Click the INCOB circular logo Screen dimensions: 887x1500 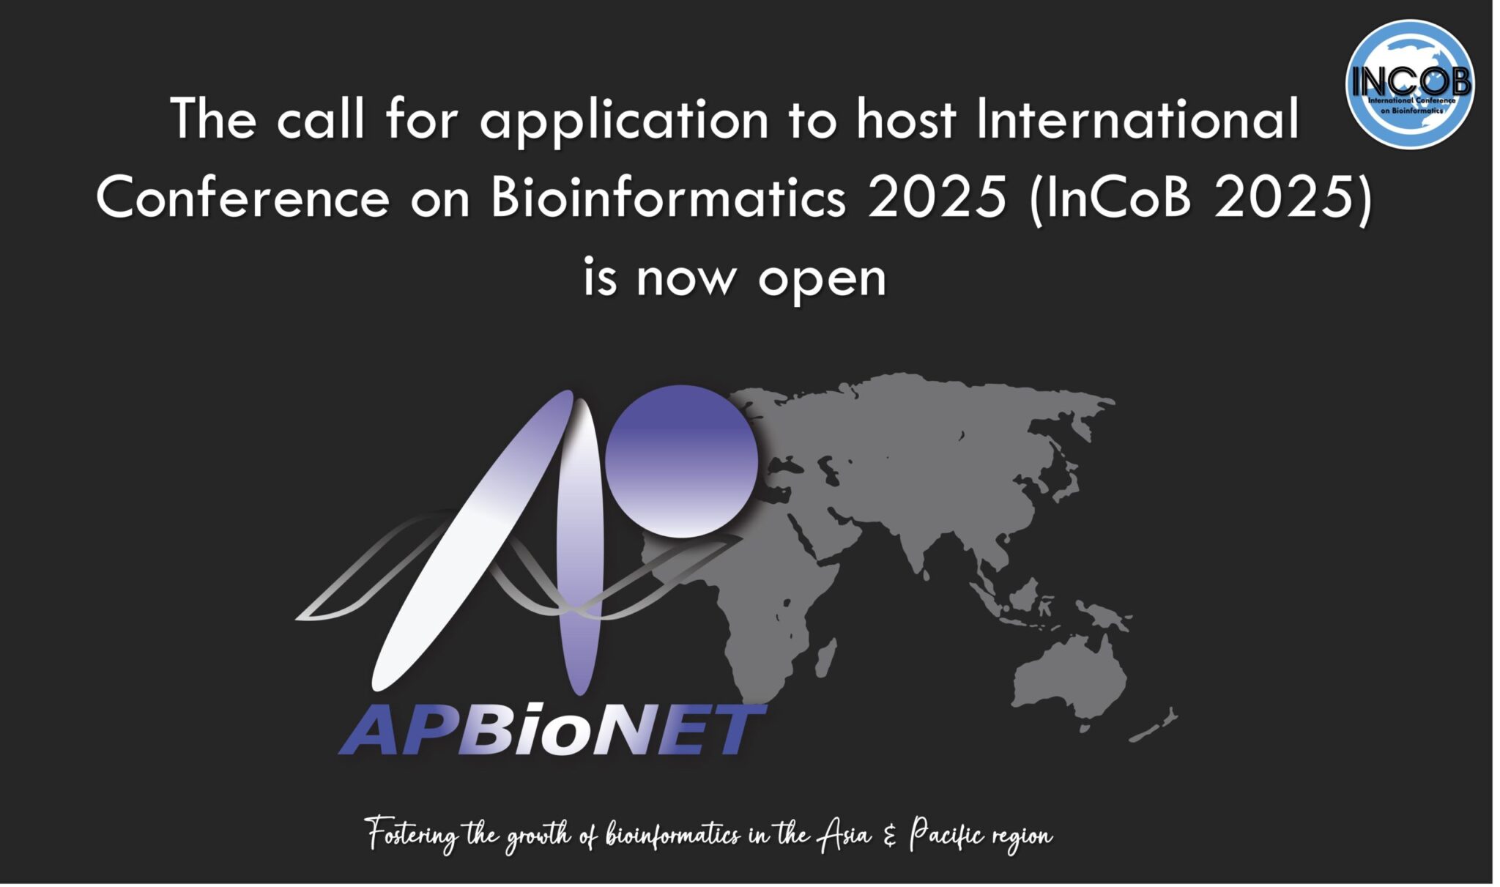[1410, 84]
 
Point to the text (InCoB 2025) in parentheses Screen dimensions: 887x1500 [1200, 198]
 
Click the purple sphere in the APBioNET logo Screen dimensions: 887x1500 [681, 461]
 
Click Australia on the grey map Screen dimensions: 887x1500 [1069, 678]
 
